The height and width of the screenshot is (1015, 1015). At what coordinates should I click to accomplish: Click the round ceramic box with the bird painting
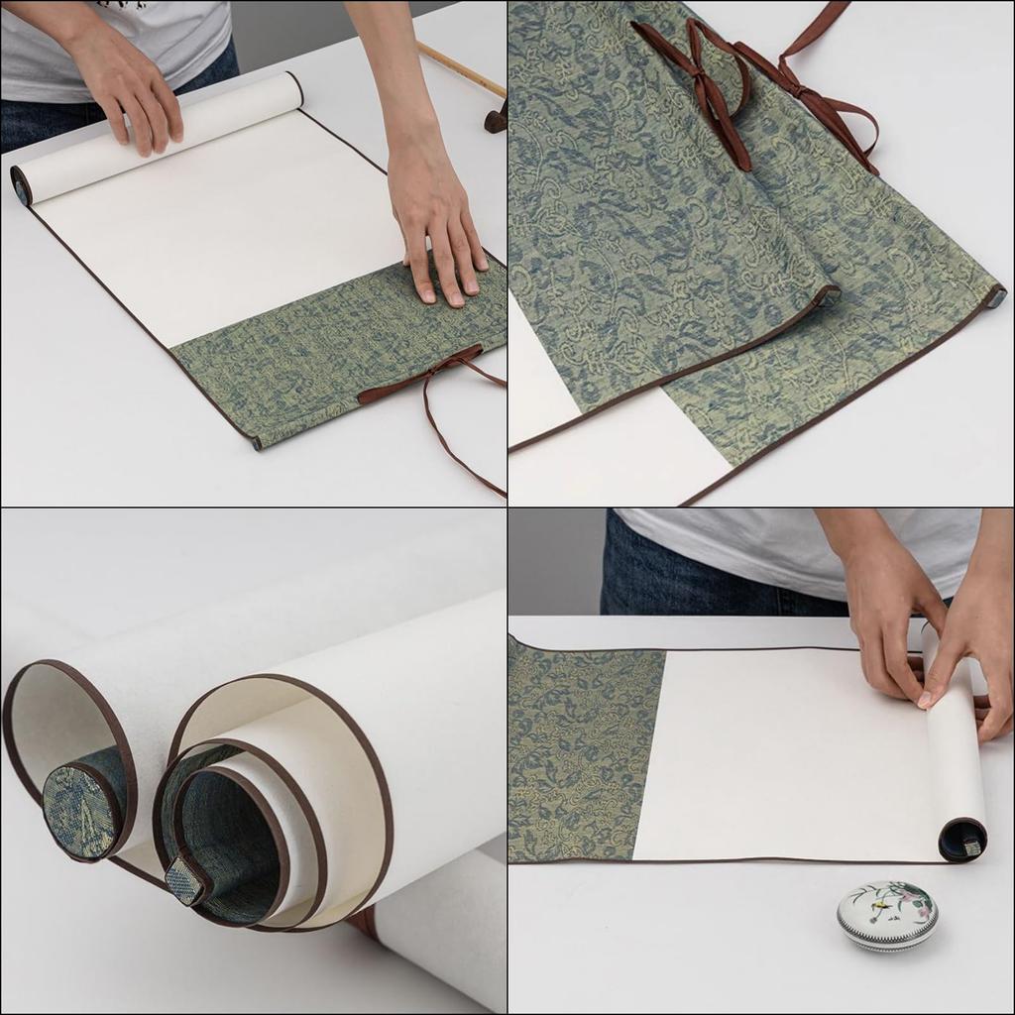[887, 916]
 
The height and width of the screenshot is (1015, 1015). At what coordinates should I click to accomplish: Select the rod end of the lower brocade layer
[995, 295]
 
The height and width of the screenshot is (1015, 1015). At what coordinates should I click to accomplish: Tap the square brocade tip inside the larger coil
[184, 880]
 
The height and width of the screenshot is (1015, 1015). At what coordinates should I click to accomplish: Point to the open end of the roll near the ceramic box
[962, 841]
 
